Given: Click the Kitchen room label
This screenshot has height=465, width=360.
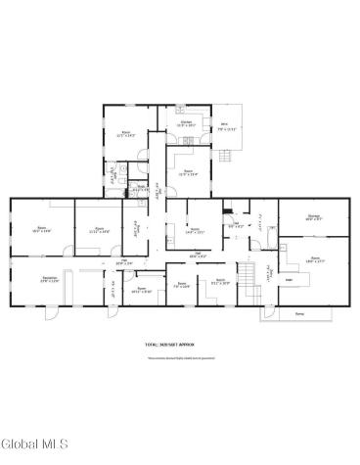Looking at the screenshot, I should tap(185, 124).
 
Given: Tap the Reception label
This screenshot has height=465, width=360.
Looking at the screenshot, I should tap(48, 278).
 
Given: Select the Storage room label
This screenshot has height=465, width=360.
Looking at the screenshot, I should tap(312, 219).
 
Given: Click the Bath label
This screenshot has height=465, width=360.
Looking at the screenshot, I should tap(140, 188).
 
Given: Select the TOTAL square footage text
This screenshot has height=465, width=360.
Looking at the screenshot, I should tap(170, 345).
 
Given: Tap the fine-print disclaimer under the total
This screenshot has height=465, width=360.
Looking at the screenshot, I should tap(170, 358).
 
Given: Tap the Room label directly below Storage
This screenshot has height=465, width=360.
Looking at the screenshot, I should tap(314, 260).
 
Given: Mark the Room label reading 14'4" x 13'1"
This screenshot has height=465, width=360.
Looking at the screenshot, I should tap(194, 231).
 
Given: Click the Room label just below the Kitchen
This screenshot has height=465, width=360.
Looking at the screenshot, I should tap(188, 173).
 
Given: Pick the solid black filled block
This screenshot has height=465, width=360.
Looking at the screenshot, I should tap(226, 208).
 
